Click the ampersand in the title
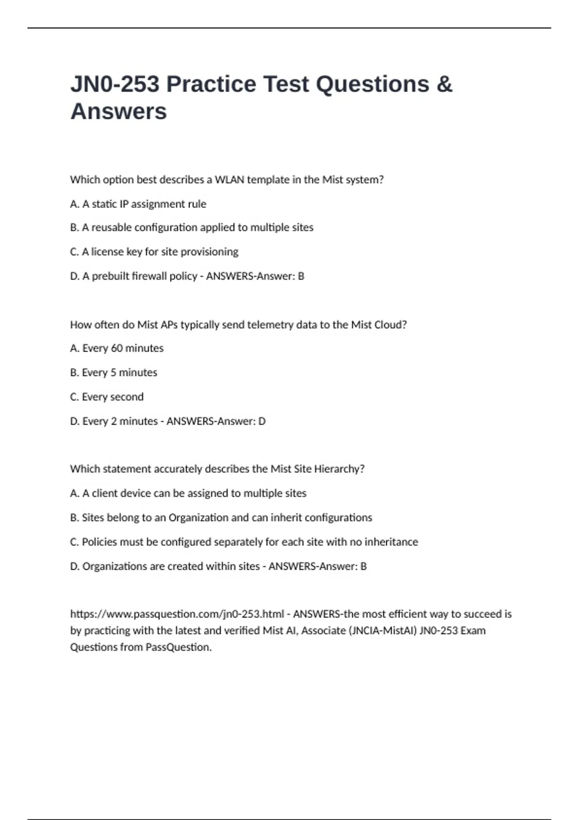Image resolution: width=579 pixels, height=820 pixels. tap(443, 84)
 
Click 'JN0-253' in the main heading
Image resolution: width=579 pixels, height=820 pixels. tap(115, 84)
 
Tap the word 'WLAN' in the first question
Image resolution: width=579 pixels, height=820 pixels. tap(229, 180)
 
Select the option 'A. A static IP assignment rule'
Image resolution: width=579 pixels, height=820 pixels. tap(138, 204)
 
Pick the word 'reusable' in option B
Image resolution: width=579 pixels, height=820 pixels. tap(111, 228)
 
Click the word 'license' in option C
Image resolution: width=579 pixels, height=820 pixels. tap(107, 252)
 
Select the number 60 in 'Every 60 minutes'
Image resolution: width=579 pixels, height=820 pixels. tap(117, 348)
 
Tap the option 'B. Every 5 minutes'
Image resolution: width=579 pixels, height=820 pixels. tap(113, 372)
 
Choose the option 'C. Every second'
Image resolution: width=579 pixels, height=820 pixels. tap(107, 397)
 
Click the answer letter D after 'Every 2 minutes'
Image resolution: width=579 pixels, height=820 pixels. tap(262, 421)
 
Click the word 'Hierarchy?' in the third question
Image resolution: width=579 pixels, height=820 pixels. tap(339, 469)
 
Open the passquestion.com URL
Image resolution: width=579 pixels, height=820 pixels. tap(177, 614)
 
